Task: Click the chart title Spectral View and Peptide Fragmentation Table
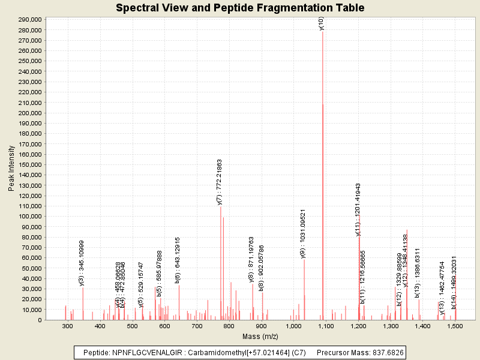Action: click(240, 8)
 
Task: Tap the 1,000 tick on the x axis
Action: click(293, 326)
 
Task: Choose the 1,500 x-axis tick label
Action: click(455, 326)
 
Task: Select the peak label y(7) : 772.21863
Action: click(220, 182)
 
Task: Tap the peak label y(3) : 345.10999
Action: click(82, 263)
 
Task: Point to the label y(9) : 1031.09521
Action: click(303, 233)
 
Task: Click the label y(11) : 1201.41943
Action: click(358, 209)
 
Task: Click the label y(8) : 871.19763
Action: click(252, 259)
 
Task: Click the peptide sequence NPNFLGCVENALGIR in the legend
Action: click(142, 353)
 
